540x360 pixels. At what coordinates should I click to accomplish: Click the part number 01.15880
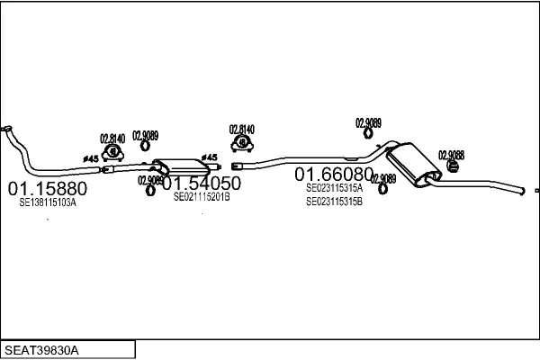(x=48, y=189)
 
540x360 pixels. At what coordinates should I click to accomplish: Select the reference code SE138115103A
(x=48, y=204)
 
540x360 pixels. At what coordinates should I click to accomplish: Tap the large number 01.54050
(x=201, y=183)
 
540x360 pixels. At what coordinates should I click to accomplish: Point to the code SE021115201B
(x=202, y=196)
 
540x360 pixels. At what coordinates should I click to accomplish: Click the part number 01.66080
(x=334, y=174)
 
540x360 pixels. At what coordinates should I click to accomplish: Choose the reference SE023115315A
(x=334, y=188)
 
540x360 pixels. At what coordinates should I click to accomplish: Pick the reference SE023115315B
(x=334, y=202)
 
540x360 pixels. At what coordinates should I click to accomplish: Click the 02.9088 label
(x=452, y=155)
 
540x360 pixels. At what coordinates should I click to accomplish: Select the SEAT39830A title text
(x=42, y=348)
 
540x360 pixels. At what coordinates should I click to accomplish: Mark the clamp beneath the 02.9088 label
(x=448, y=166)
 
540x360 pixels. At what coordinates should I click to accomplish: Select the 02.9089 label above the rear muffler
(x=368, y=122)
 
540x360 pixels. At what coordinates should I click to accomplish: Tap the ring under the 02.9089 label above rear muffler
(x=368, y=135)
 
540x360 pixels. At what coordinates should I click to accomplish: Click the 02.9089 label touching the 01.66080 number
(x=384, y=178)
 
